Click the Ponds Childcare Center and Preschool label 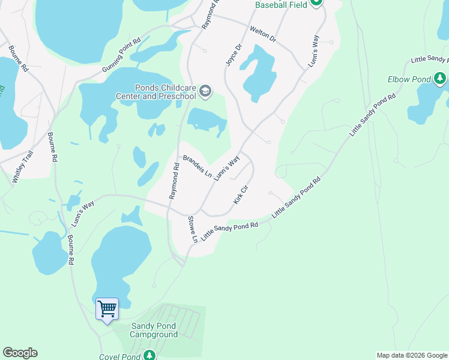click(x=157, y=91)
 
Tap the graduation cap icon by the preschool click(x=205, y=91)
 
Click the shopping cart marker click(x=107, y=309)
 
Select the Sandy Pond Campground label click(x=154, y=330)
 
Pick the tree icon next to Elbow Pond click(x=440, y=78)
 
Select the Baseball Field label click(x=281, y=5)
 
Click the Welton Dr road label click(x=262, y=34)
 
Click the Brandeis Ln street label click(x=197, y=166)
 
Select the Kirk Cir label click(x=241, y=194)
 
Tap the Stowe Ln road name click(x=193, y=229)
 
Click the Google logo click(x=20, y=353)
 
